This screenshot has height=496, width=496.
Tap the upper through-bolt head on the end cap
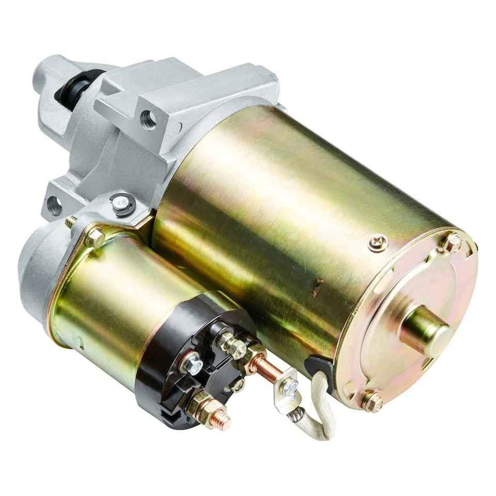pyautogui.click(x=453, y=241)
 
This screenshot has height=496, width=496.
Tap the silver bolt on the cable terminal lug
pyautogui.click(x=290, y=385)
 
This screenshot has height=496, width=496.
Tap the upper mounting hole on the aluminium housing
pyautogui.click(x=148, y=119)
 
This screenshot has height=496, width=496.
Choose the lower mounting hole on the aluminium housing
pyautogui.click(x=54, y=205)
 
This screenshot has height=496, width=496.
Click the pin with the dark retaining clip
pyautogui.click(x=122, y=205)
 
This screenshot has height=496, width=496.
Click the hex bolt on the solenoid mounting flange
pyautogui.click(x=95, y=237)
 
